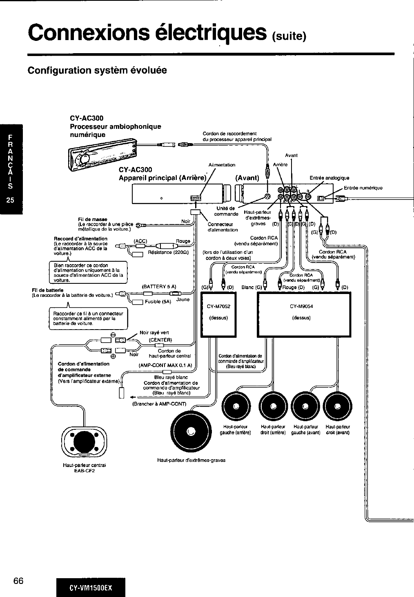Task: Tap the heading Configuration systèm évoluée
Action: [97, 70]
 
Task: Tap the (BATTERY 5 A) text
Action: [158, 287]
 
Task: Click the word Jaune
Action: [183, 299]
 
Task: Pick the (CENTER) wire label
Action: [160, 339]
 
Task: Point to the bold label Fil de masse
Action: [91, 219]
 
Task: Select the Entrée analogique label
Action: [329, 178]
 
